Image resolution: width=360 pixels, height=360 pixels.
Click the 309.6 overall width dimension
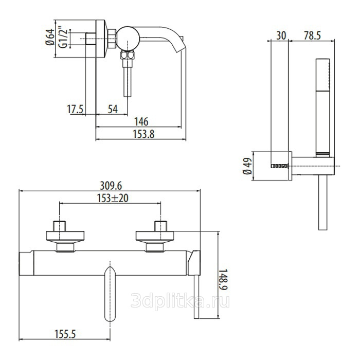pos(111,186)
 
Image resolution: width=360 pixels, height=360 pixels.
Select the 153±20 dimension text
pos(113,199)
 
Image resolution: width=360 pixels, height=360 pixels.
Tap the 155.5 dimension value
pos(65,334)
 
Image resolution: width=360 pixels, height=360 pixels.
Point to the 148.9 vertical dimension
pos(223,280)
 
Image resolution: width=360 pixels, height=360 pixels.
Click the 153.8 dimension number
pos(143,134)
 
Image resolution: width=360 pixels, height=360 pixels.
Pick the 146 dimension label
pos(141,122)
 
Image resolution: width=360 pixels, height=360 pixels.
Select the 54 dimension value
pos(113,109)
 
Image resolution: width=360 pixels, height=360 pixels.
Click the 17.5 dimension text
pos(75,109)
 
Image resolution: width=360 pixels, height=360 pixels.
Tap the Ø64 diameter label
pos(50,37)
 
